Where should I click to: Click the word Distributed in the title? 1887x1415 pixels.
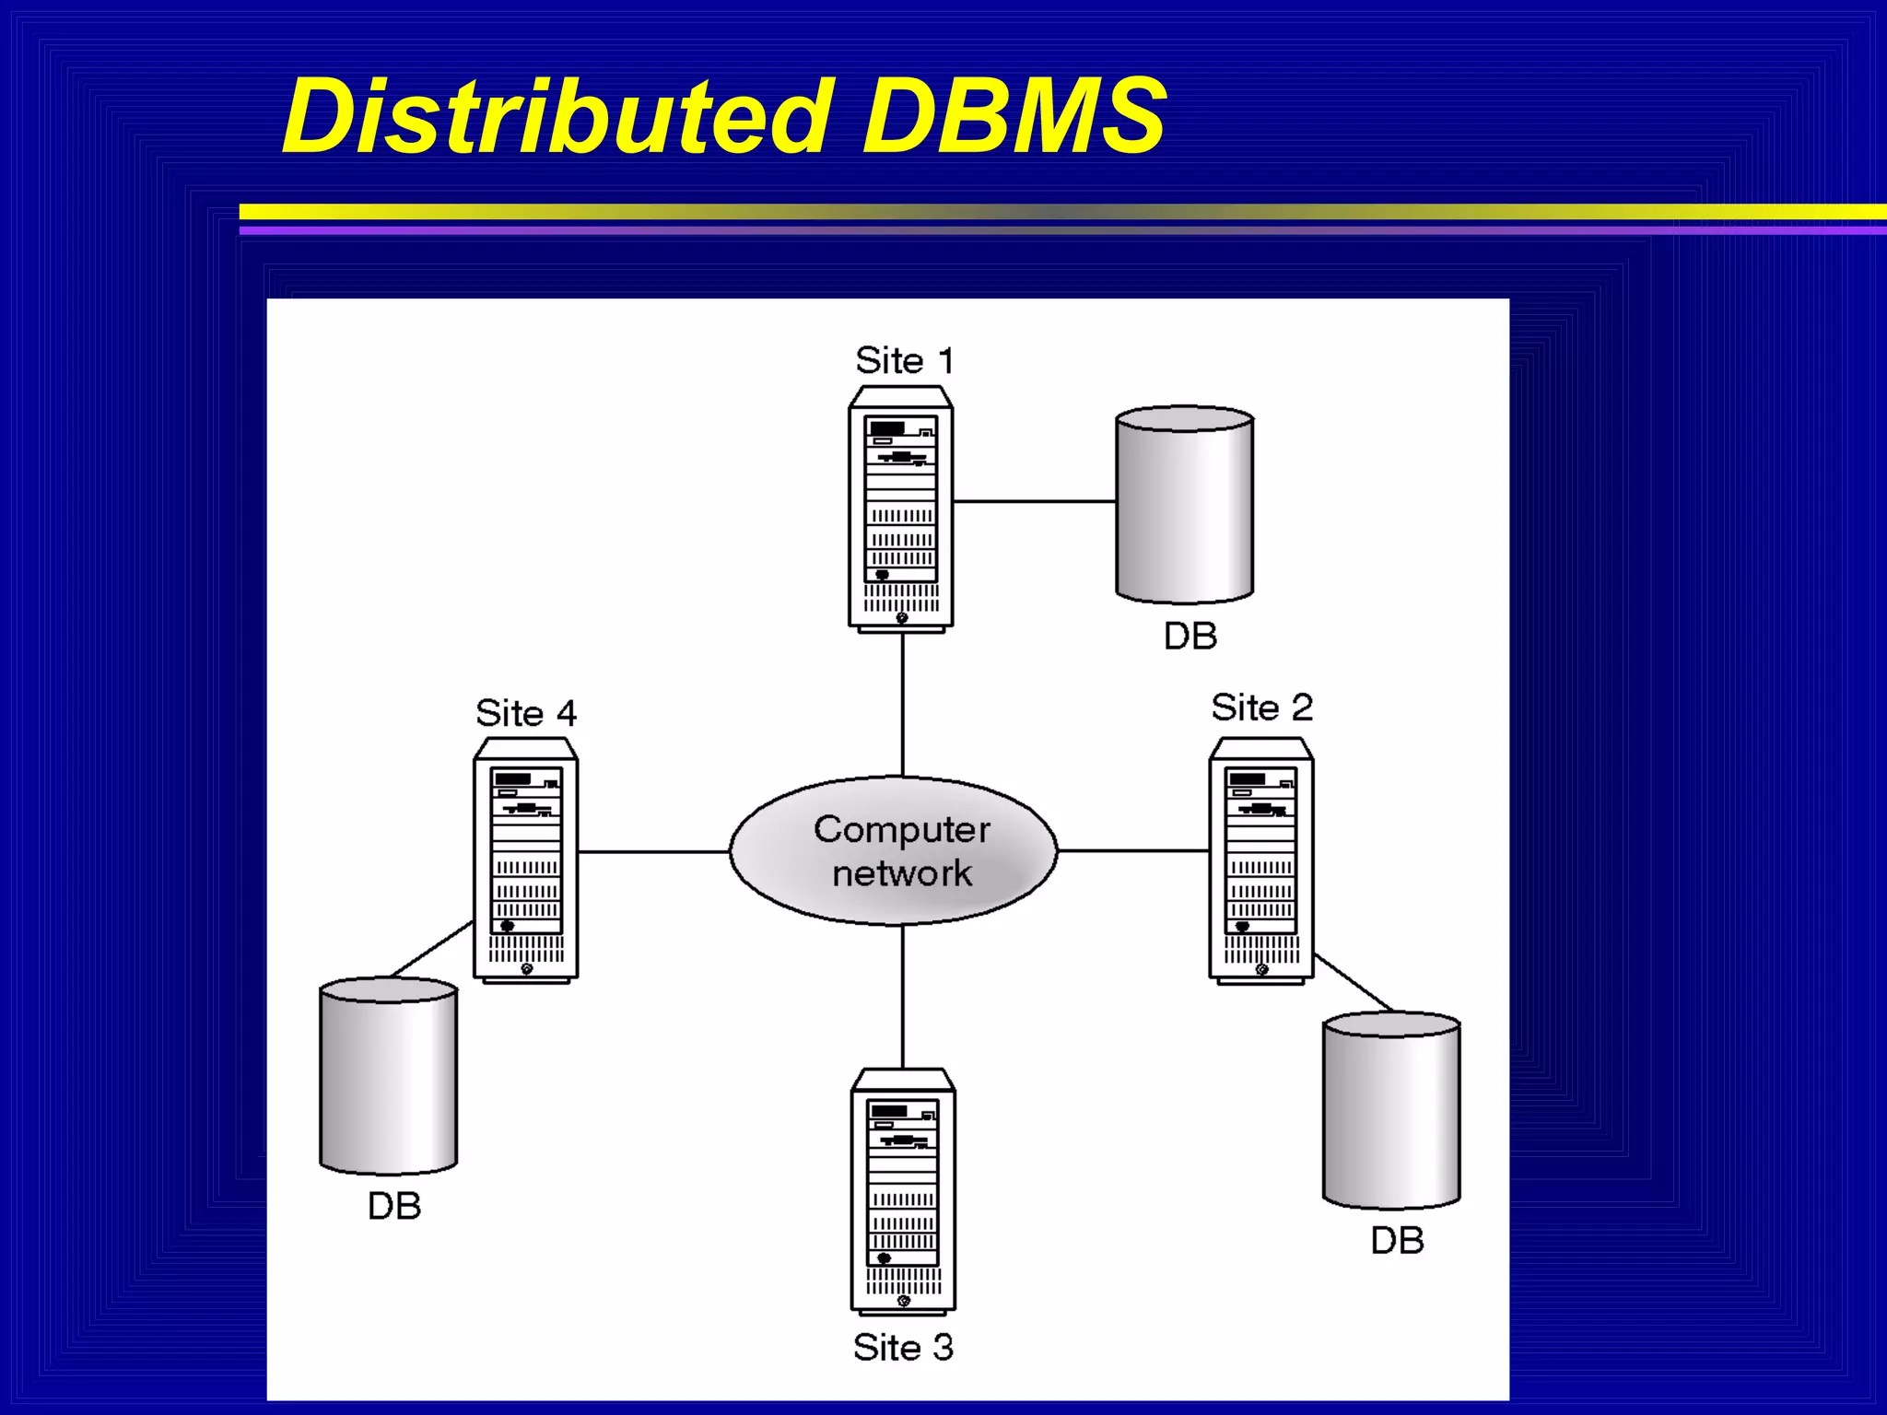(x=557, y=116)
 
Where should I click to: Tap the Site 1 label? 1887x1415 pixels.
(x=904, y=360)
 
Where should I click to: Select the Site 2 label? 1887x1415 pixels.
(x=1261, y=707)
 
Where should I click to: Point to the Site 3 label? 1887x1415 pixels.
(x=903, y=1347)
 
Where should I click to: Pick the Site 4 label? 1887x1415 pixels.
(x=526, y=713)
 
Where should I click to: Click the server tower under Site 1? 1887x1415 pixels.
(x=901, y=509)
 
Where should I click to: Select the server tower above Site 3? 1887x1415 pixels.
(x=903, y=1190)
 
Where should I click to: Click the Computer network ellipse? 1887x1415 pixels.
(x=894, y=851)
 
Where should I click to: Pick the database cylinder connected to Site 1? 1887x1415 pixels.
(x=1184, y=504)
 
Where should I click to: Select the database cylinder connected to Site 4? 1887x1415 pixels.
(x=388, y=1076)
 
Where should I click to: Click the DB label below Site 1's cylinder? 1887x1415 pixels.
(x=1190, y=636)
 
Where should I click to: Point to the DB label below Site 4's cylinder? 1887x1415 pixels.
(x=394, y=1206)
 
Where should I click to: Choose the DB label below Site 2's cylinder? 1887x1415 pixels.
(x=1397, y=1241)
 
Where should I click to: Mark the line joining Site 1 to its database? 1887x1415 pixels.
(x=1034, y=501)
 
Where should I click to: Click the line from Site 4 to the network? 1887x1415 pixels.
(x=653, y=852)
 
